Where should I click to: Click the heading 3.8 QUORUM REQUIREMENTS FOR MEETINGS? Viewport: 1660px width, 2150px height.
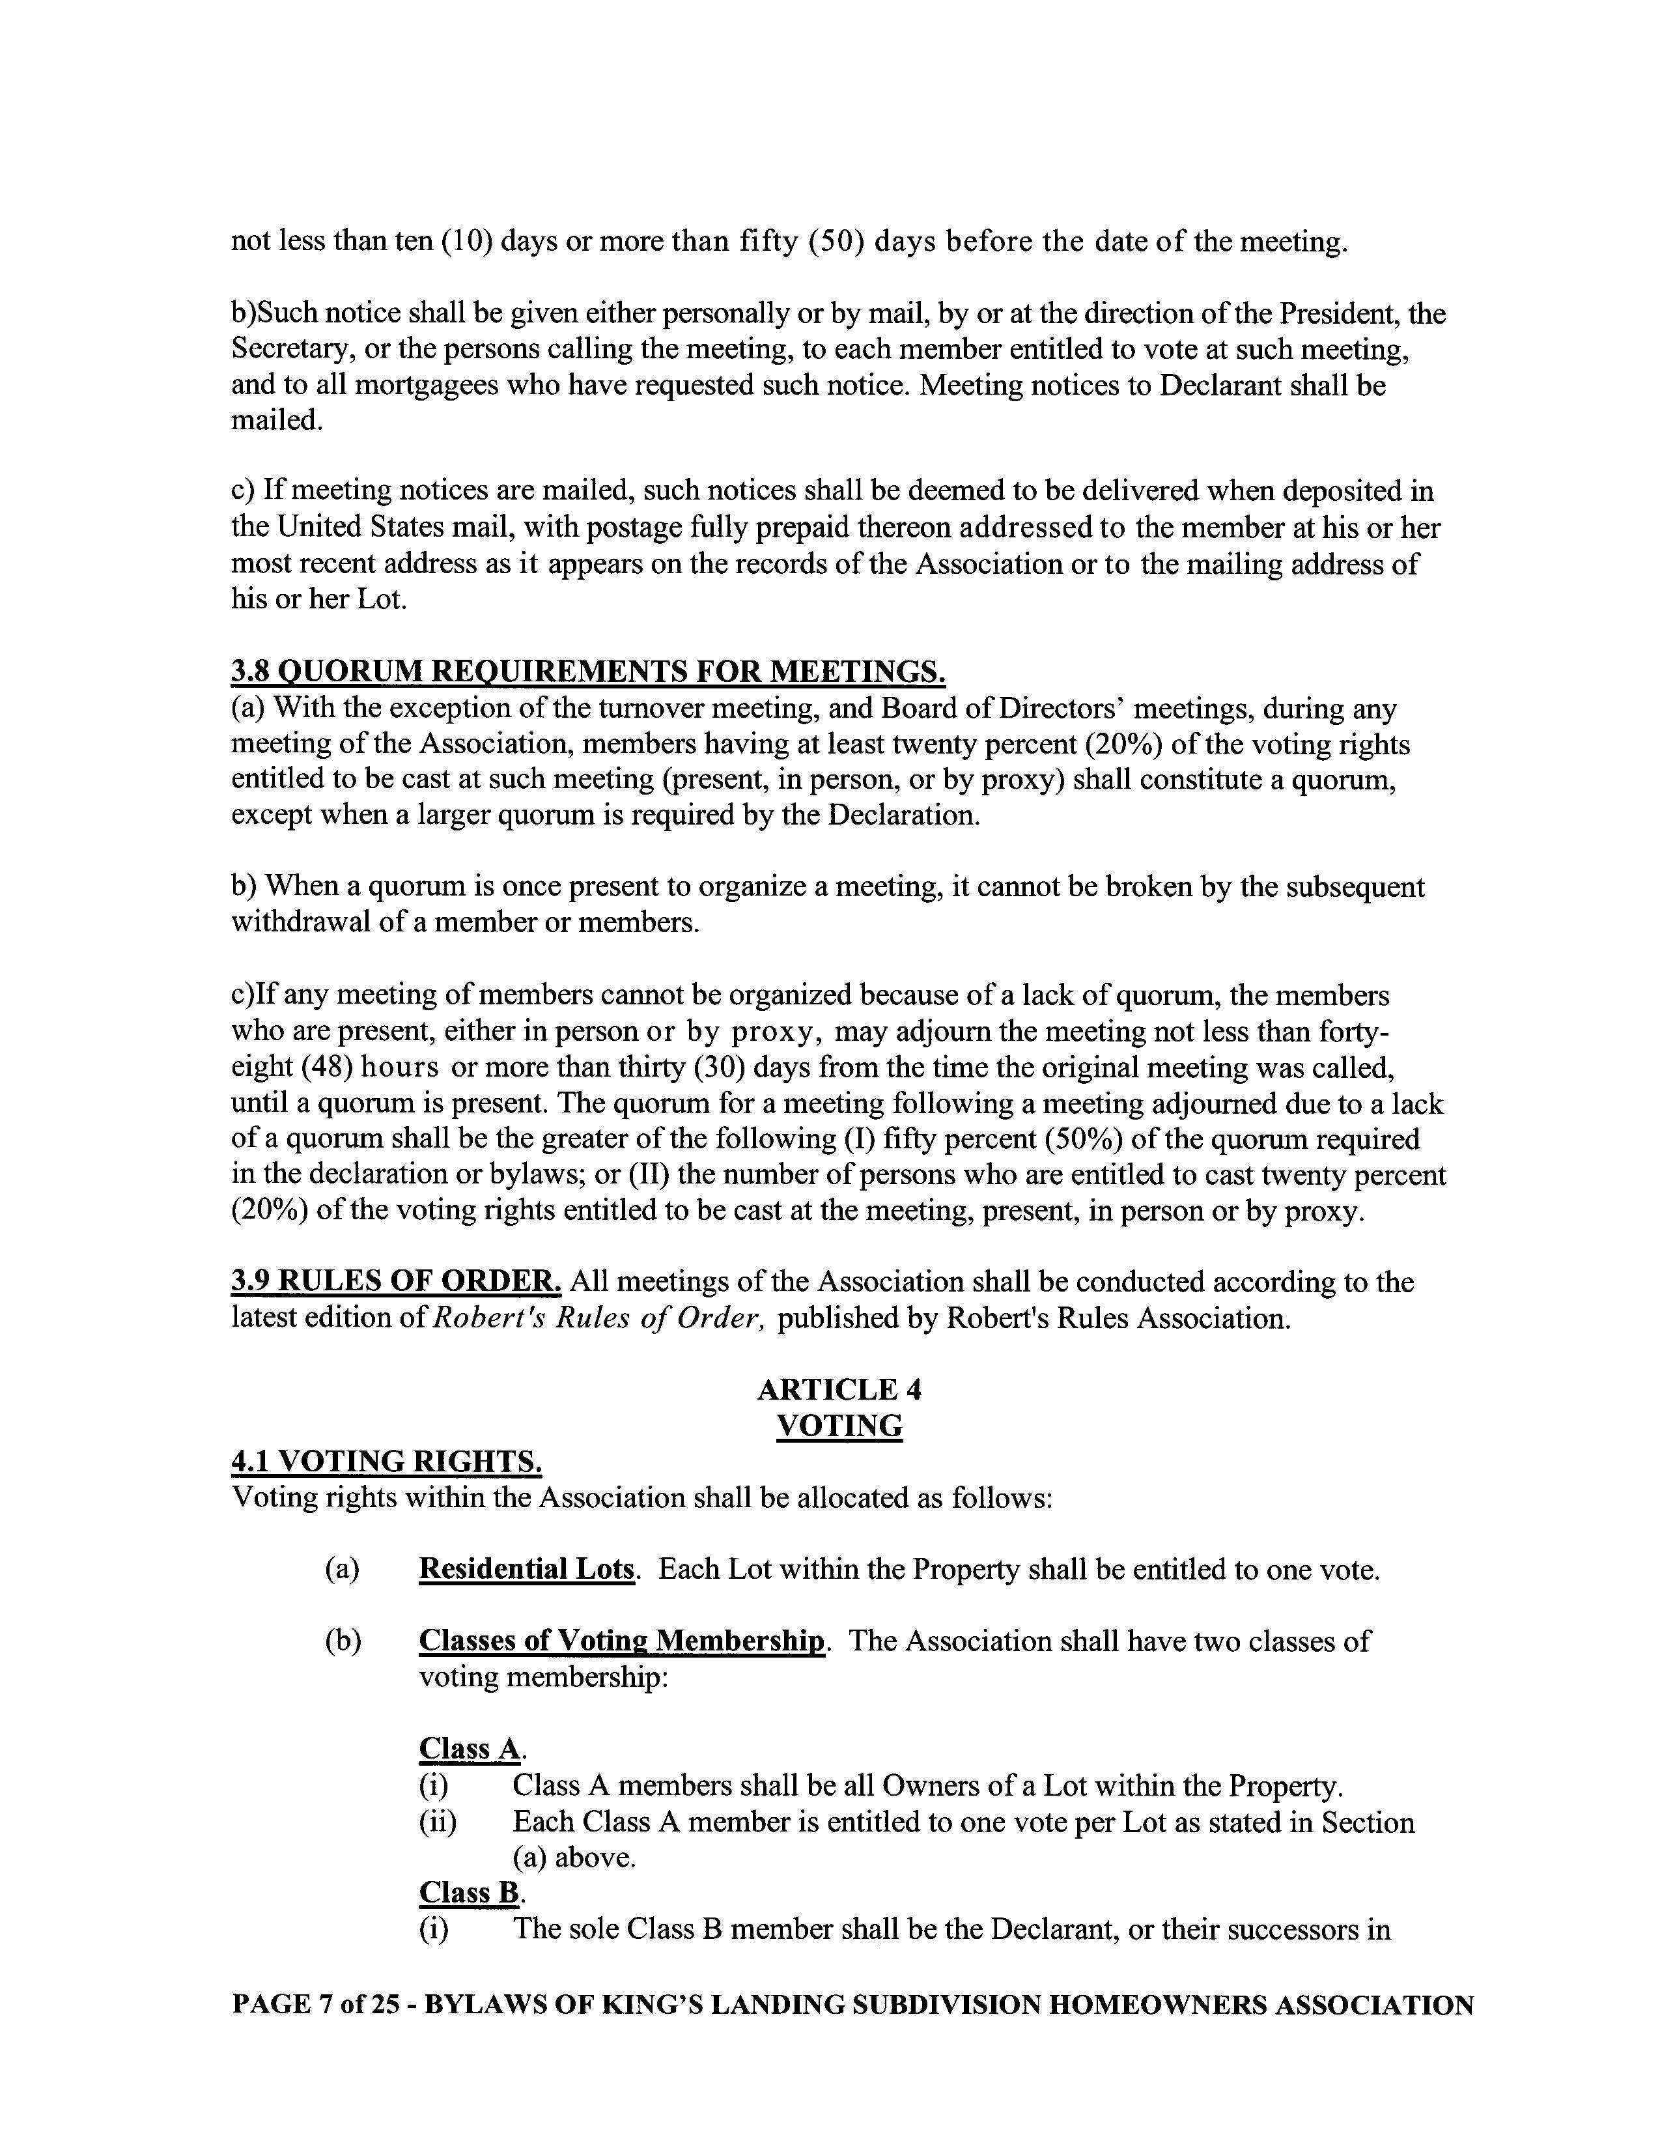click(588, 672)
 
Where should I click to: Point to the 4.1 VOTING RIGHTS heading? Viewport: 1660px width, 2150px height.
click(386, 1461)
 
